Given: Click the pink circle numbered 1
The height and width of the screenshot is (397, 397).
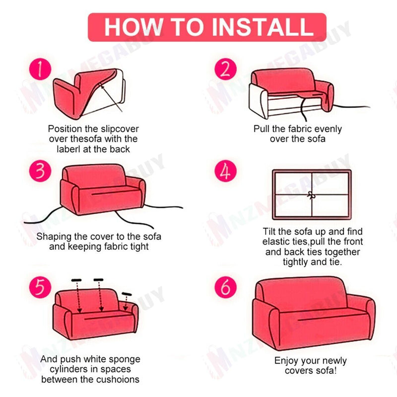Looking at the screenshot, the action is pyautogui.click(x=40, y=69).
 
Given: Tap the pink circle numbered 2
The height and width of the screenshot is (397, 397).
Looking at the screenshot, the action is pyautogui.click(x=226, y=69).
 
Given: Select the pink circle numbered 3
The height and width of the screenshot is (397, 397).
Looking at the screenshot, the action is pyautogui.click(x=40, y=171).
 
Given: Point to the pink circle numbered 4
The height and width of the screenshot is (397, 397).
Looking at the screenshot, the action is pyautogui.click(x=226, y=171).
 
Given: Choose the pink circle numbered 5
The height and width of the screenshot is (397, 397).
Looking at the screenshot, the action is pyautogui.click(x=40, y=287).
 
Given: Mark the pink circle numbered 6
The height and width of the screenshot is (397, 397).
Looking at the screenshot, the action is pyautogui.click(x=226, y=287).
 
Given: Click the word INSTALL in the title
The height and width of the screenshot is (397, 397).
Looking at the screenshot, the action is pyautogui.click(x=263, y=27).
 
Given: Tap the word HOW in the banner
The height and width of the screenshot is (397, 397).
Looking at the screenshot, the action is pyautogui.click(x=133, y=27).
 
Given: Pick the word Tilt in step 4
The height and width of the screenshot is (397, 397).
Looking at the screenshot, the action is pyautogui.click(x=269, y=231).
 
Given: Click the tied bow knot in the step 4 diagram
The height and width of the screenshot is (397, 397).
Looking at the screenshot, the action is pyautogui.click(x=311, y=195).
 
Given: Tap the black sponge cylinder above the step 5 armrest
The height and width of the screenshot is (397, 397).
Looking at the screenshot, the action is pyautogui.click(x=127, y=294).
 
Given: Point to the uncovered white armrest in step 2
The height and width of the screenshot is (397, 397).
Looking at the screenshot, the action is pyautogui.click(x=258, y=101).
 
